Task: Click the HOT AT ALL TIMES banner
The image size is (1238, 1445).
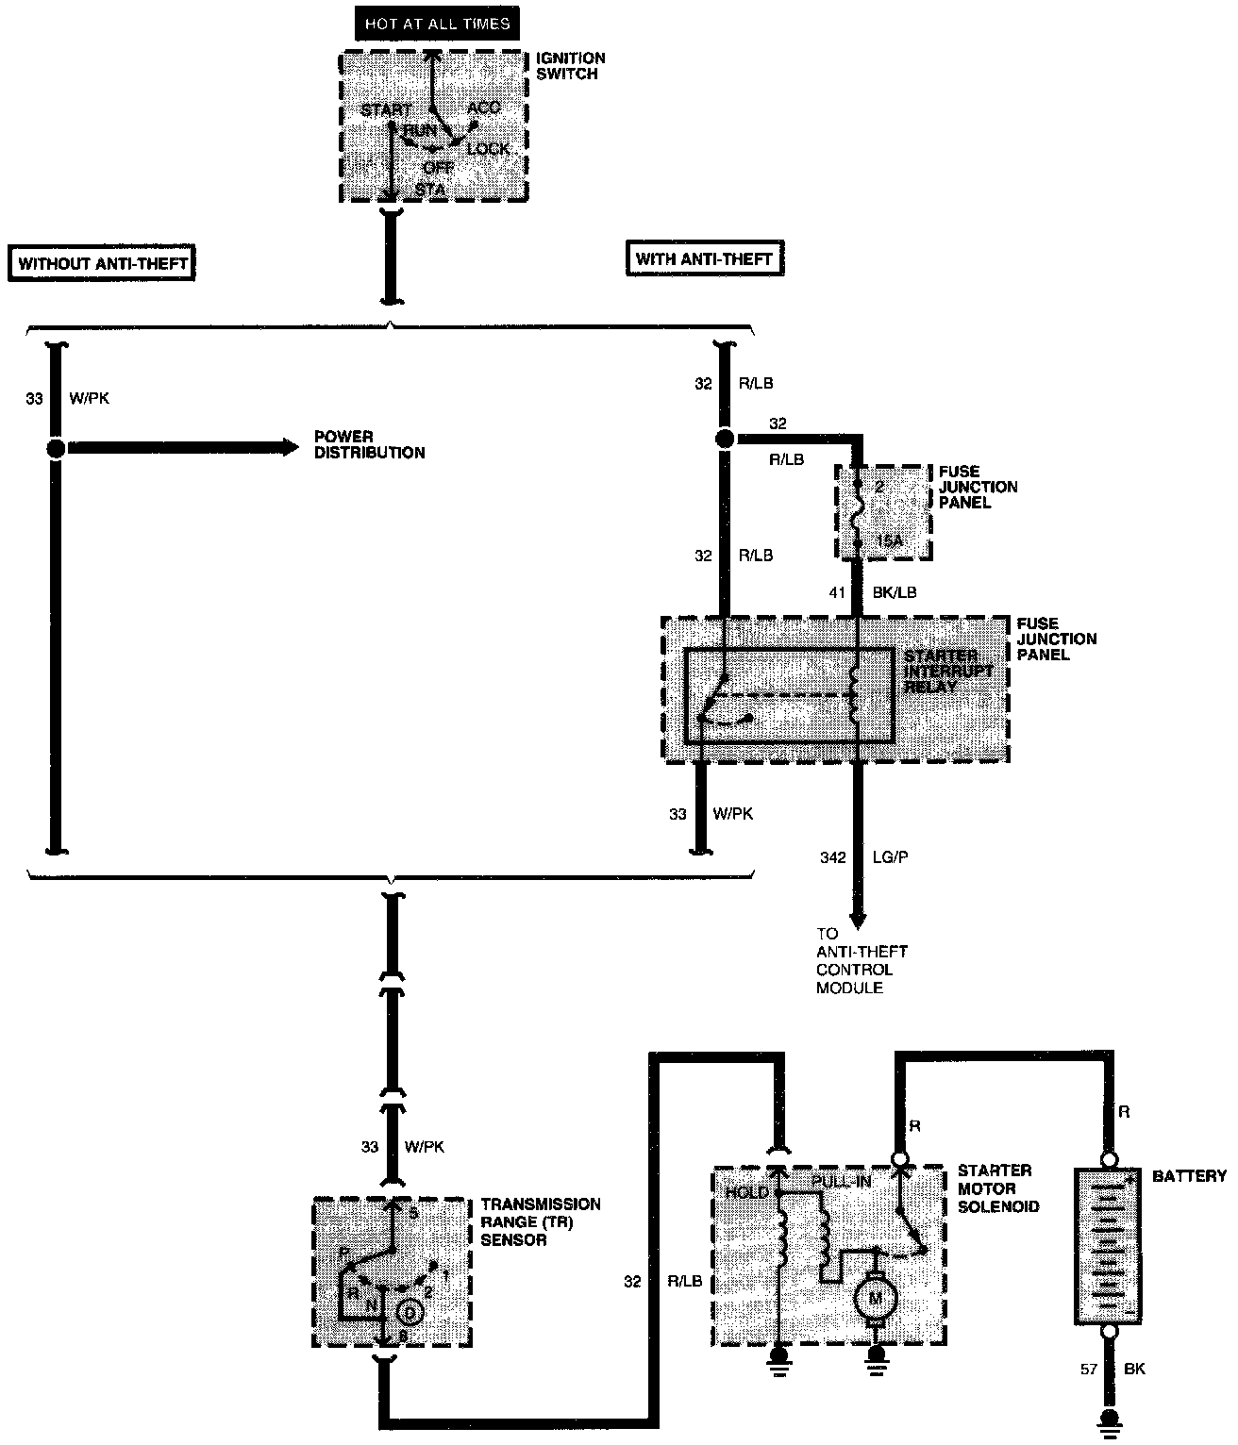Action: pyautogui.click(x=437, y=24)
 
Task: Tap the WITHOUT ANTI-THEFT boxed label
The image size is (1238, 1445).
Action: pyautogui.click(x=103, y=263)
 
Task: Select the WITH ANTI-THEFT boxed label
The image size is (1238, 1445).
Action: pyautogui.click(x=704, y=258)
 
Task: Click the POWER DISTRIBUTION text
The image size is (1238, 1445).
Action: pyautogui.click(x=369, y=445)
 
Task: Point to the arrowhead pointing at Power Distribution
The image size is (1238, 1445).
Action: pyautogui.click(x=288, y=447)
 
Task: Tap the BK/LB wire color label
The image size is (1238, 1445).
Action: pyautogui.click(x=895, y=592)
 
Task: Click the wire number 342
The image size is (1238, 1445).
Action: pyautogui.click(x=834, y=857)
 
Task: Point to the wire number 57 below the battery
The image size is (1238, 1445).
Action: pyautogui.click(x=1089, y=1369)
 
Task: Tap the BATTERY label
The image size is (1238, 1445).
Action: pyautogui.click(x=1189, y=1176)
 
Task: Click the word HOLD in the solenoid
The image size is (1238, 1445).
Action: pyautogui.click(x=746, y=1193)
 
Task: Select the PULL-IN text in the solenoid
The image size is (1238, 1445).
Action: pyautogui.click(x=840, y=1181)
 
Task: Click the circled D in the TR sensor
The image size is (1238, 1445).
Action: pyautogui.click(x=409, y=1312)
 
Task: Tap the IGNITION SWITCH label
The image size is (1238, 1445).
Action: pyautogui.click(x=570, y=66)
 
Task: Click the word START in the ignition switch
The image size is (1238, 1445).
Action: pyautogui.click(x=385, y=110)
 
